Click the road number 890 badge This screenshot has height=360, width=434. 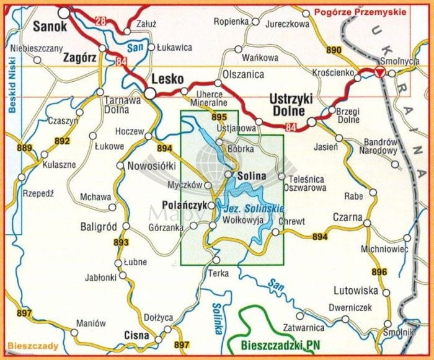tap(334, 50)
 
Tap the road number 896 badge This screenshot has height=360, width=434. tap(379, 272)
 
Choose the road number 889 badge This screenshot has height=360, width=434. tap(25, 147)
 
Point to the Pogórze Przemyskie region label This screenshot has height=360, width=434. tap(360, 12)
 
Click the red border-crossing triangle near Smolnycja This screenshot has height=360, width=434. tap(381, 73)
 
